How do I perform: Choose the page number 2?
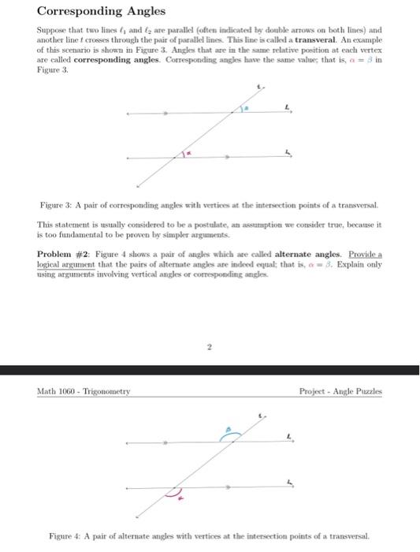coord(210,344)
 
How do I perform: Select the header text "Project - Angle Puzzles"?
coord(340,391)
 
